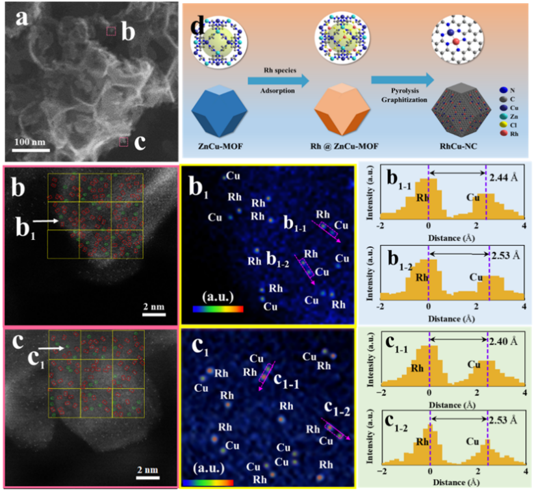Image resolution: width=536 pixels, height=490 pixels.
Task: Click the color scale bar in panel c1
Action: pos(207,482)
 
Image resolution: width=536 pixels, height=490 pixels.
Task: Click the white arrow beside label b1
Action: pos(45,222)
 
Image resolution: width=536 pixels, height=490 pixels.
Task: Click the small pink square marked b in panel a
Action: pos(111,31)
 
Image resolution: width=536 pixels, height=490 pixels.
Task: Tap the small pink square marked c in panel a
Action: pos(123,141)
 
